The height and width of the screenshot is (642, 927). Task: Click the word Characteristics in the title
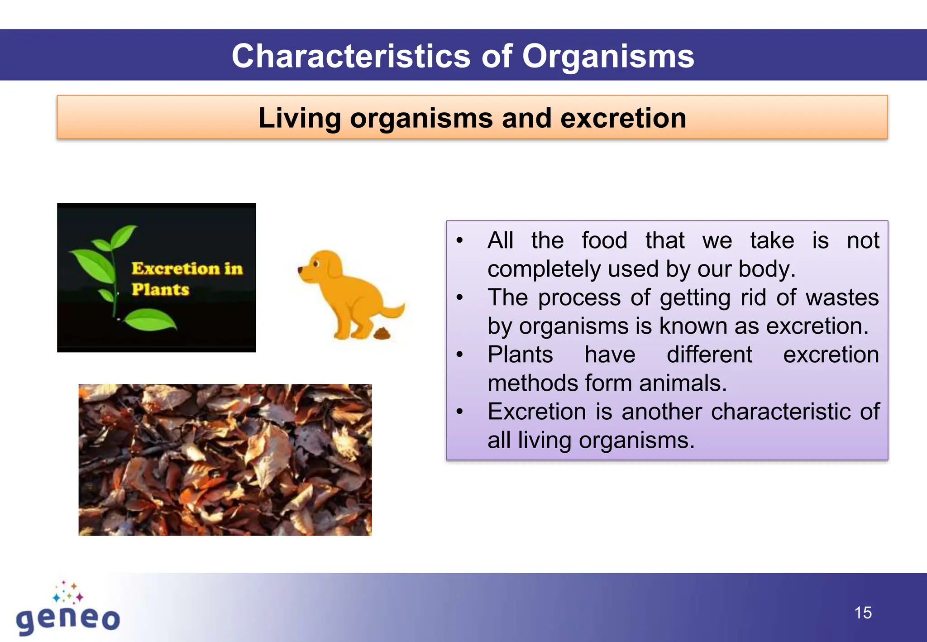point(351,56)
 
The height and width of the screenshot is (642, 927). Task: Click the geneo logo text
point(68,618)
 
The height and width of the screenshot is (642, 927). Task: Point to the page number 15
point(863,613)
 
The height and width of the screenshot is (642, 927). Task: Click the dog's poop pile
point(382,334)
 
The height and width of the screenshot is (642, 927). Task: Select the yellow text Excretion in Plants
point(186,278)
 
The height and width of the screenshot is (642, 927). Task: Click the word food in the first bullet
point(604,240)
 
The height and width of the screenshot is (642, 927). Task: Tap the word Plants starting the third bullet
point(520,355)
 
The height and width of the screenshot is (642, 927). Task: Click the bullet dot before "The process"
point(460,298)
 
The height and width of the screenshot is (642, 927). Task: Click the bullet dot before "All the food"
point(460,240)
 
